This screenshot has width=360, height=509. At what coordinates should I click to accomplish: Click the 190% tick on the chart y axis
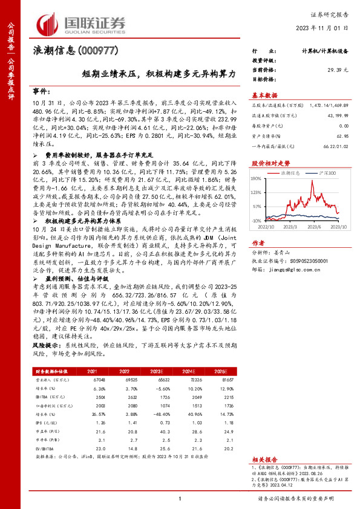click(256, 179)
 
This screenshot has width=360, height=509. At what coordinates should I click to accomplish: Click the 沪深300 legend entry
click(324, 172)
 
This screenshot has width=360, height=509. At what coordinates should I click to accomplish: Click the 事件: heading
click(43, 89)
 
